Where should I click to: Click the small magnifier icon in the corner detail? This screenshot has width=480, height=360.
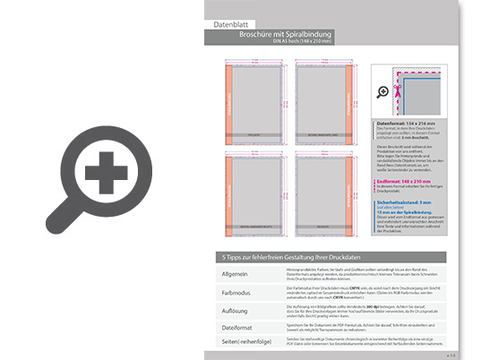tap(384, 91)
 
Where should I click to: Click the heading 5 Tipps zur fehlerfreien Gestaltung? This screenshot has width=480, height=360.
tap(287, 258)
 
